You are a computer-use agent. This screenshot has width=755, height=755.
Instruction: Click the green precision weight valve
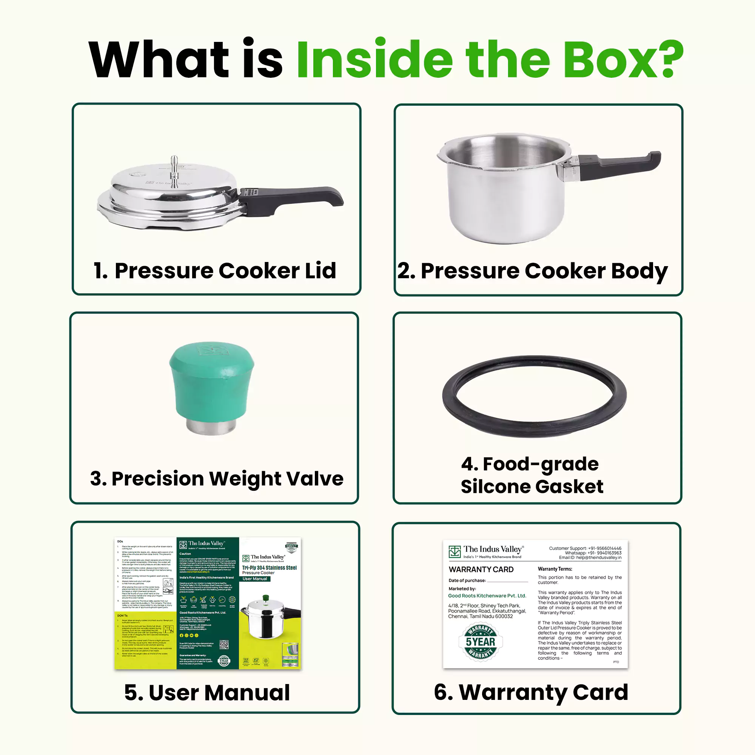[x=211, y=379]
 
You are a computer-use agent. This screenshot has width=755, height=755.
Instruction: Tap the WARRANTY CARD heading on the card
[x=481, y=569]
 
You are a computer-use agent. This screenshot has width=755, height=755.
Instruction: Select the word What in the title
[x=158, y=59]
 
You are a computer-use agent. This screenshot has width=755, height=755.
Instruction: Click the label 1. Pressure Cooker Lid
[x=214, y=270]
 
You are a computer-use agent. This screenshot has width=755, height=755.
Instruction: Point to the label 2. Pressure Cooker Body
[x=532, y=271]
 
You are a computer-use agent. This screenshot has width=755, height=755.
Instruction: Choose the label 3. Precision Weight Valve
[x=216, y=478]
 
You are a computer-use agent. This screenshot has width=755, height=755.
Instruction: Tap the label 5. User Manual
[x=207, y=693]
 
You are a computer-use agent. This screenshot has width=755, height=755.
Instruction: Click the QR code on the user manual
[x=223, y=644]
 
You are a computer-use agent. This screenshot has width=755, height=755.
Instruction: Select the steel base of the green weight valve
[x=211, y=426]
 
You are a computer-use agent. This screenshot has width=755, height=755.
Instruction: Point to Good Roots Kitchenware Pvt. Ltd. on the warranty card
[x=487, y=596]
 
